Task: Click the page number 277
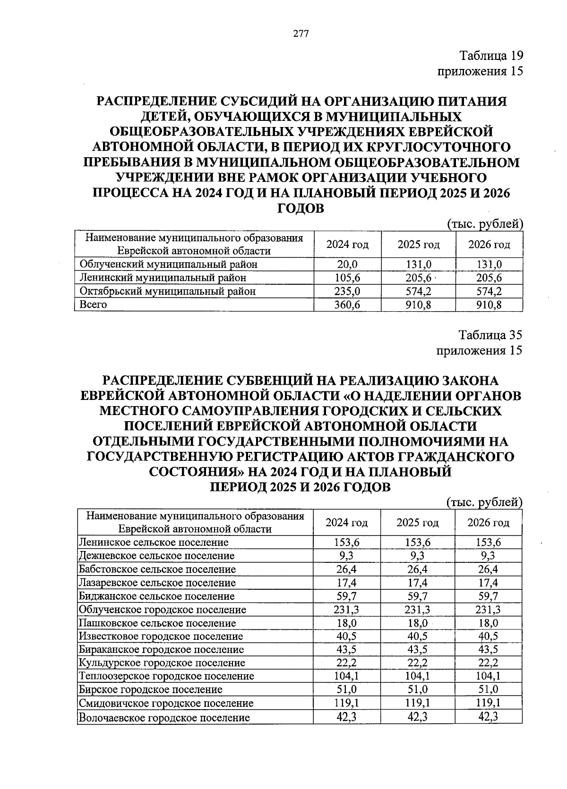tap(301, 34)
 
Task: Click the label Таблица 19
tap(491, 56)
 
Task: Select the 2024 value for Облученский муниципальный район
tap(347, 264)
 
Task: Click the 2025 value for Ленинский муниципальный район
tap(418, 278)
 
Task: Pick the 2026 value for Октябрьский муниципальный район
tap(489, 291)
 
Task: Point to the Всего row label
tap(94, 305)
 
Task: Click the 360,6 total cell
tap(347, 305)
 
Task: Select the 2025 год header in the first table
tap(418, 245)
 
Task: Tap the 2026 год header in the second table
tap(488, 523)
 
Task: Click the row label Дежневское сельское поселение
tap(157, 556)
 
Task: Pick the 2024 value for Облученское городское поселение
tap(346, 610)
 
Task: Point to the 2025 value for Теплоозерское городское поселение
tap(418, 676)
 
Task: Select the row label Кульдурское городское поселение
tap(162, 663)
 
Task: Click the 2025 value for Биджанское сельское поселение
tap(418, 596)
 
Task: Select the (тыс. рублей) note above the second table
tap(484, 502)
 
